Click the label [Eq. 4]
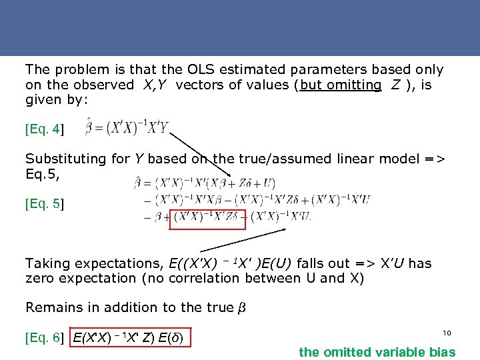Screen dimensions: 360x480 point(44,129)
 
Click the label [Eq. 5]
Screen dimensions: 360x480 point(44,203)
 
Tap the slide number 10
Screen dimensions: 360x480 point(447,332)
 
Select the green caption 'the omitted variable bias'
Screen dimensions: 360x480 point(377,352)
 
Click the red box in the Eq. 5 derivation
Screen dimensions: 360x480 point(208,217)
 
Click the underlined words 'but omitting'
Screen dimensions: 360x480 point(341,85)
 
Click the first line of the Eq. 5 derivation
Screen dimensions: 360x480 point(205,183)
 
